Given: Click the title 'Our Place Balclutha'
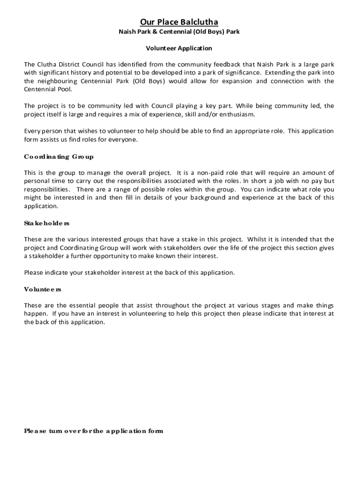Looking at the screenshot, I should [x=179, y=22].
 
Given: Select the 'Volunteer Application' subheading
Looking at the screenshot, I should [x=179, y=48].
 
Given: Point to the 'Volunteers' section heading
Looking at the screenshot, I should [x=43, y=290].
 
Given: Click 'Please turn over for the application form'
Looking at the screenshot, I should [x=94, y=431].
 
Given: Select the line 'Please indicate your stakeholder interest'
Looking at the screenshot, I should [x=130, y=273].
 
